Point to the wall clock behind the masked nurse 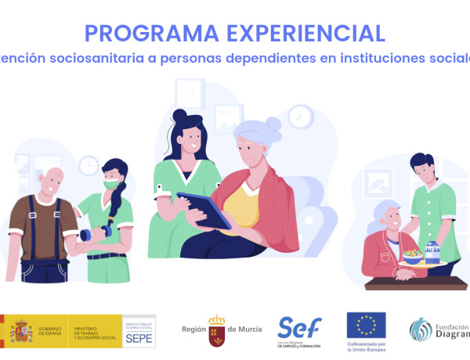coord(89,165)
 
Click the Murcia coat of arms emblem coord(215,331)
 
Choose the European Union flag coord(366,325)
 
